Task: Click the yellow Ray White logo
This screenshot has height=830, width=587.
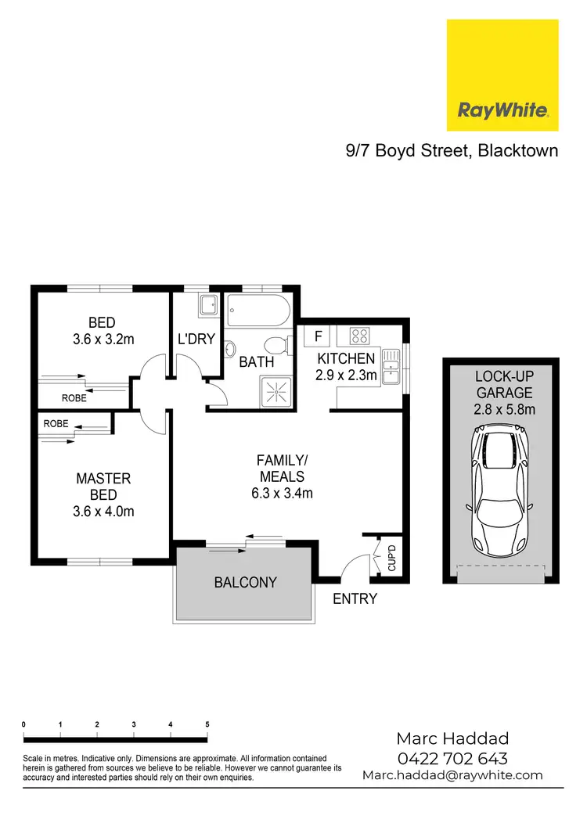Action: [x=502, y=75]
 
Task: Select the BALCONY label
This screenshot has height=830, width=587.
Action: [x=246, y=582]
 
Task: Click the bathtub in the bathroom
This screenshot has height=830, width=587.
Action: [x=257, y=314]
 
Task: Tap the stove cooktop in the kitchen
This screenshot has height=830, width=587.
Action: [x=359, y=336]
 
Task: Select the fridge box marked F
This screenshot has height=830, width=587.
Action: [x=317, y=336]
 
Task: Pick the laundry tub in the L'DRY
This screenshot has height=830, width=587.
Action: [x=207, y=305]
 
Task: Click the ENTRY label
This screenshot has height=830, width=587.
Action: [x=355, y=599]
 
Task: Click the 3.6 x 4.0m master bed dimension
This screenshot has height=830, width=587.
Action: [x=103, y=512]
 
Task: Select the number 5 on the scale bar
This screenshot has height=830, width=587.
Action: [x=207, y=724]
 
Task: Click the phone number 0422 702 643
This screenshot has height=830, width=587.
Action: [x=452, y=757]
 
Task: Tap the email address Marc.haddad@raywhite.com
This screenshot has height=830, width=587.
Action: [x=452, y=775]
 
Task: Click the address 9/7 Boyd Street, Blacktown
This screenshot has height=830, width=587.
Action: [x=452, y=151]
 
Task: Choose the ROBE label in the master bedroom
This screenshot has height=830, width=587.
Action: [x=56, y=423]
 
